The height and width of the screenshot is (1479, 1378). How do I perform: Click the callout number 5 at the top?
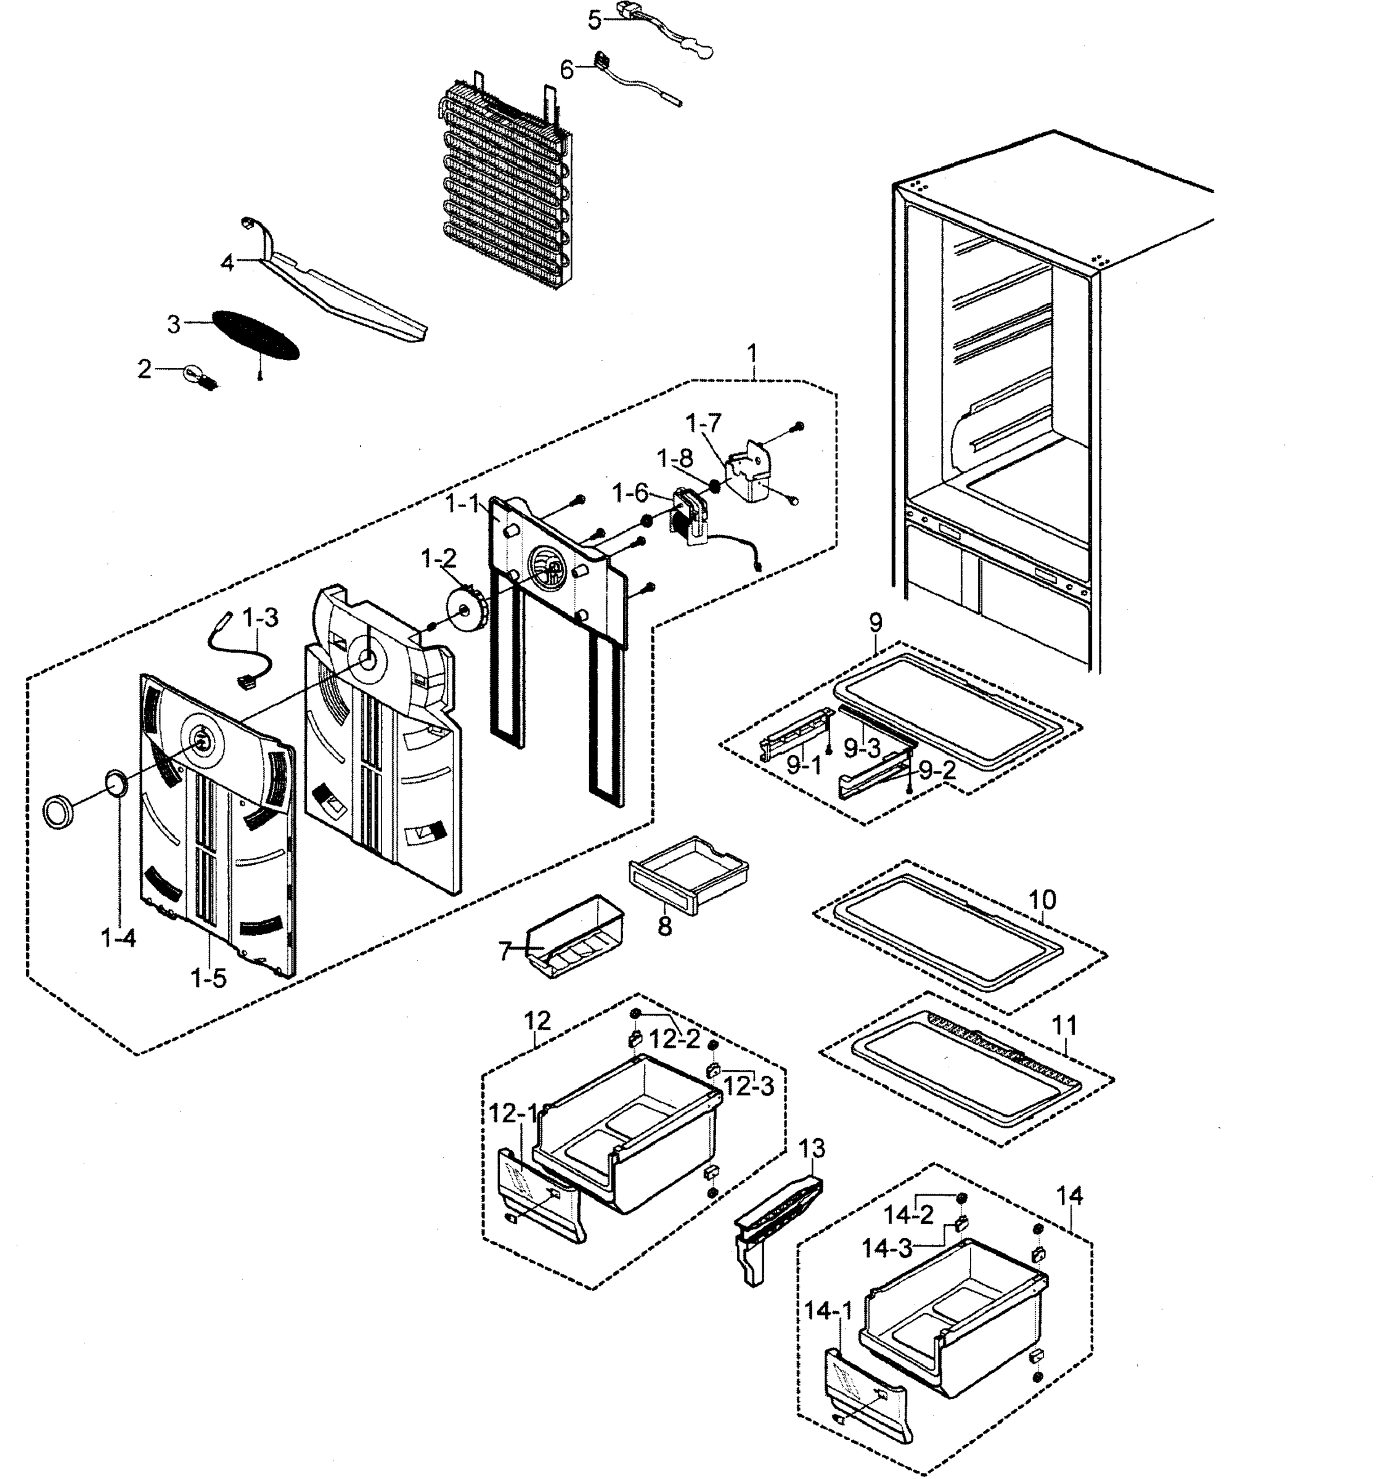click(x=593, y=20)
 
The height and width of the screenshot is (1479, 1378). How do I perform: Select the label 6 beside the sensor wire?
click(x=566, y=70)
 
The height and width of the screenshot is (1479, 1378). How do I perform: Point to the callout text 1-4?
click(x=119, y=939)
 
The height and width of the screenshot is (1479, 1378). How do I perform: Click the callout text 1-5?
click(x=208, y=979)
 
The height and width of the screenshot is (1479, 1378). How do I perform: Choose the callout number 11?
click(x=1064, y=1025)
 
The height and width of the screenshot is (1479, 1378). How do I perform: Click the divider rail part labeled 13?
click(x=774, y=1228)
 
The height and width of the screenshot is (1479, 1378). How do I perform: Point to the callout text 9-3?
click(x=862, y=749)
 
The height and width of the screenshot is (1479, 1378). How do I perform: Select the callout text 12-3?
click(x=749, y=1087)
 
